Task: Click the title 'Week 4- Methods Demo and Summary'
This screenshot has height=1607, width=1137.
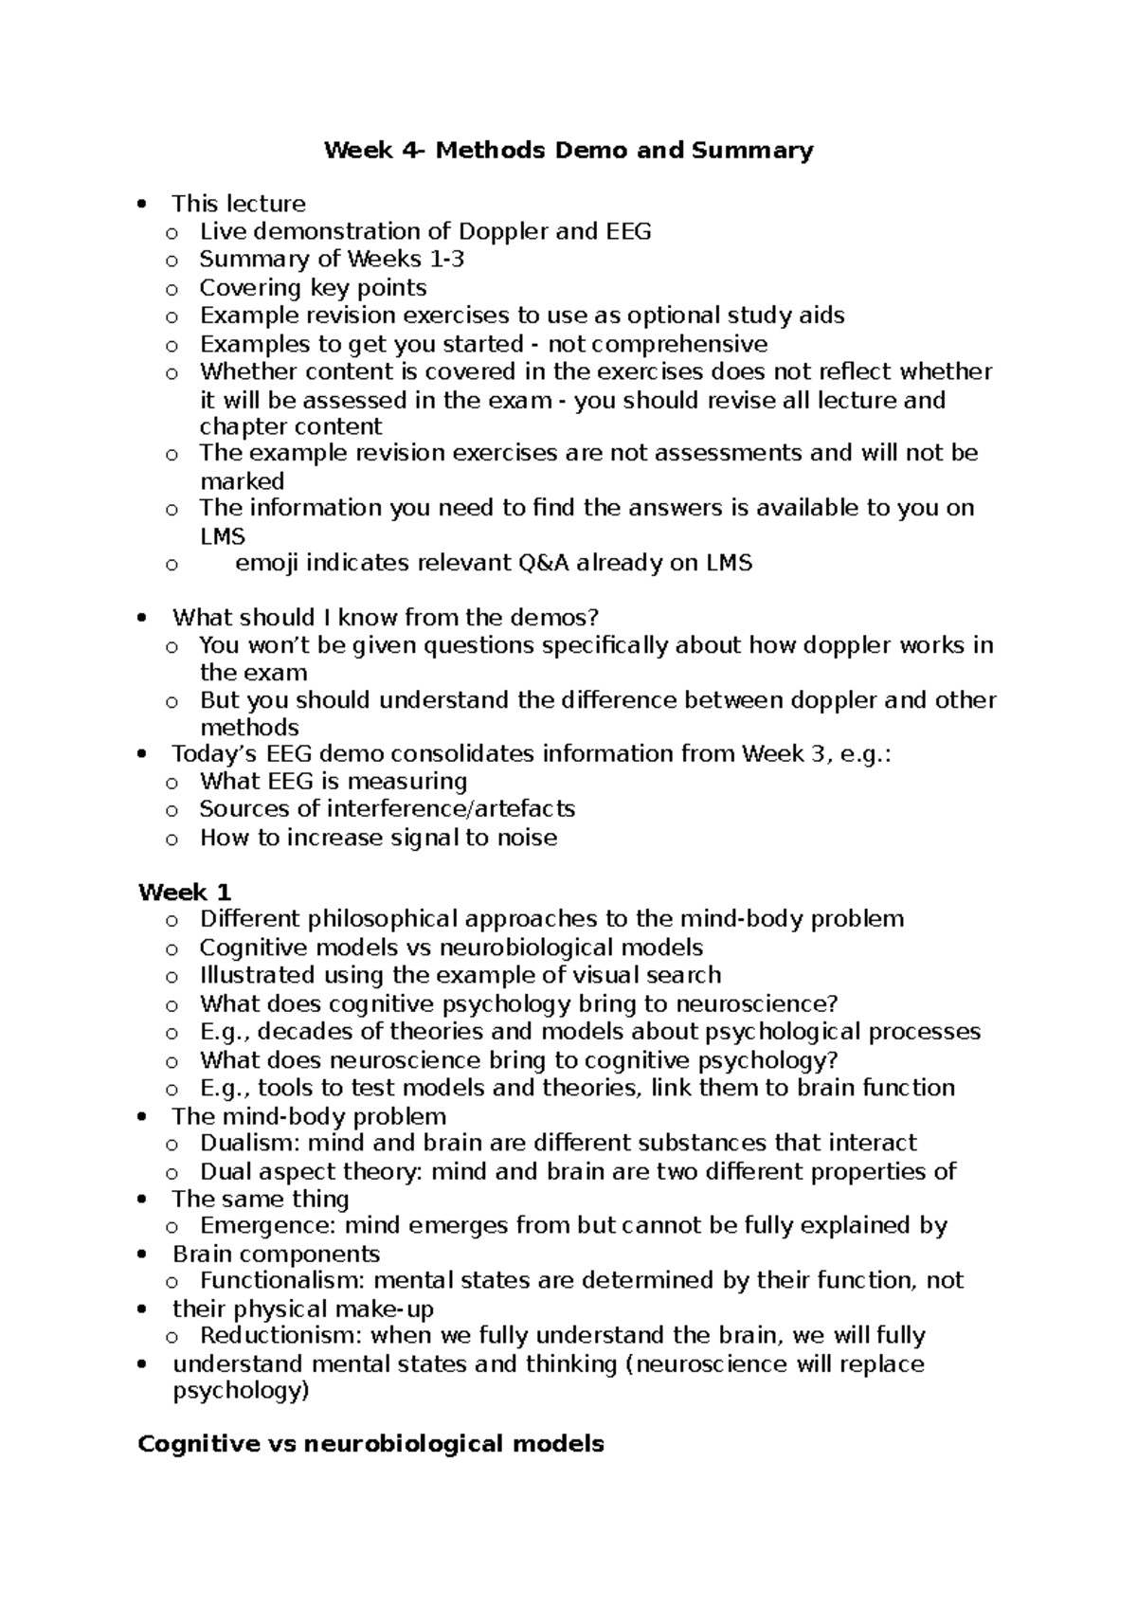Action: tap(568, 151)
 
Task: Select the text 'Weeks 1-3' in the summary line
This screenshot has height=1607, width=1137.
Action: tap(406, 260)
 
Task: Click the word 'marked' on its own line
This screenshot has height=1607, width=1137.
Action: tap(242, 481)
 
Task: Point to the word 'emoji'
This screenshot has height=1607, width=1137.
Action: tap(266, 564)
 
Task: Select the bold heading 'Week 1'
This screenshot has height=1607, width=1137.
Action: tap(185, 893)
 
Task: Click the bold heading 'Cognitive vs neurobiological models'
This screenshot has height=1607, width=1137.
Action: tap(370, 1444)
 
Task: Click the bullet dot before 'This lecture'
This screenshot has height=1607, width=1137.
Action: tap(142, 205)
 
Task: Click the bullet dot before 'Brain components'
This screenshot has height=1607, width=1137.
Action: tap(142, 1255)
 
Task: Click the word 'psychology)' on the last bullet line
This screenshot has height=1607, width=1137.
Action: tap(241, 1391)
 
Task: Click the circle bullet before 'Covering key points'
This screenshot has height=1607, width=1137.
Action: tap(171, 288)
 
